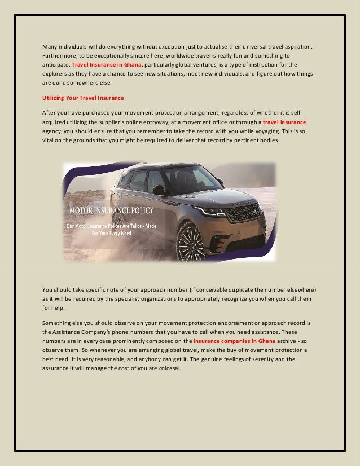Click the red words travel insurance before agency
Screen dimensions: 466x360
284,122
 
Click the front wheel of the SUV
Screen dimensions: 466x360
191,241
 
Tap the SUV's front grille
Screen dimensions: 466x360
243,213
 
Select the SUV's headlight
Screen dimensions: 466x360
209,211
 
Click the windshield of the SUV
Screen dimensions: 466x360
188,179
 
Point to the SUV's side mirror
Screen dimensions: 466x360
160,190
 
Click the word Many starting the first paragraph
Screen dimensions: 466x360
50,46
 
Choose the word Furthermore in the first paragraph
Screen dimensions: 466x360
62,55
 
